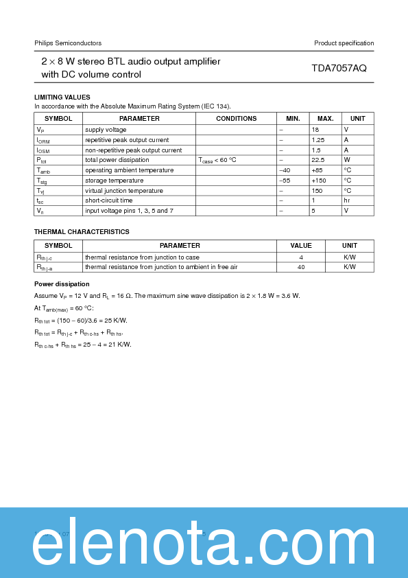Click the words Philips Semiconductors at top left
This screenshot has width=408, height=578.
[x=68, y=43]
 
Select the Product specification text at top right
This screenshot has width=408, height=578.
[x=344, y=43]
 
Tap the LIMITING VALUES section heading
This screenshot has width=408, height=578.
[x=62, y=97]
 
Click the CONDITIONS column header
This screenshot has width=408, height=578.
[x=236, y=119]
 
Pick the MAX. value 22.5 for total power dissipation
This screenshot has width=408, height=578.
[x=317, y=160]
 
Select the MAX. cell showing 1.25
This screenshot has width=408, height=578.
[x=317, y=140]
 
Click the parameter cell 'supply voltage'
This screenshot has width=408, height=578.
[x=106, y=130]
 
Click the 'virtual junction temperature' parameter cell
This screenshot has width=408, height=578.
[x=124, y=191]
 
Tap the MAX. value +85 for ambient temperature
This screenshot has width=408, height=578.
[x=317, y=170]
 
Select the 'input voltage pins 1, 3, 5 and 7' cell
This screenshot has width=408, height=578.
[x=129, y=211]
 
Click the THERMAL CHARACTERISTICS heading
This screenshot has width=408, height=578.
[x=82, y=232]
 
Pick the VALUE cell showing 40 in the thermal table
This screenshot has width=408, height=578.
[x=301, y=267]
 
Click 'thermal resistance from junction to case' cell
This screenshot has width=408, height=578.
[x=143, y=257]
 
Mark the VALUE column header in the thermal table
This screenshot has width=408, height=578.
[x=301, y=246]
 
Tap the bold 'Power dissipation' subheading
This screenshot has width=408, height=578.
[x=62, y=284]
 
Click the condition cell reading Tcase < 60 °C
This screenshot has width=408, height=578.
[x=217, y=160]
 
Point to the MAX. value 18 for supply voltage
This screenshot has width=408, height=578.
[x=315, y=130]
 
